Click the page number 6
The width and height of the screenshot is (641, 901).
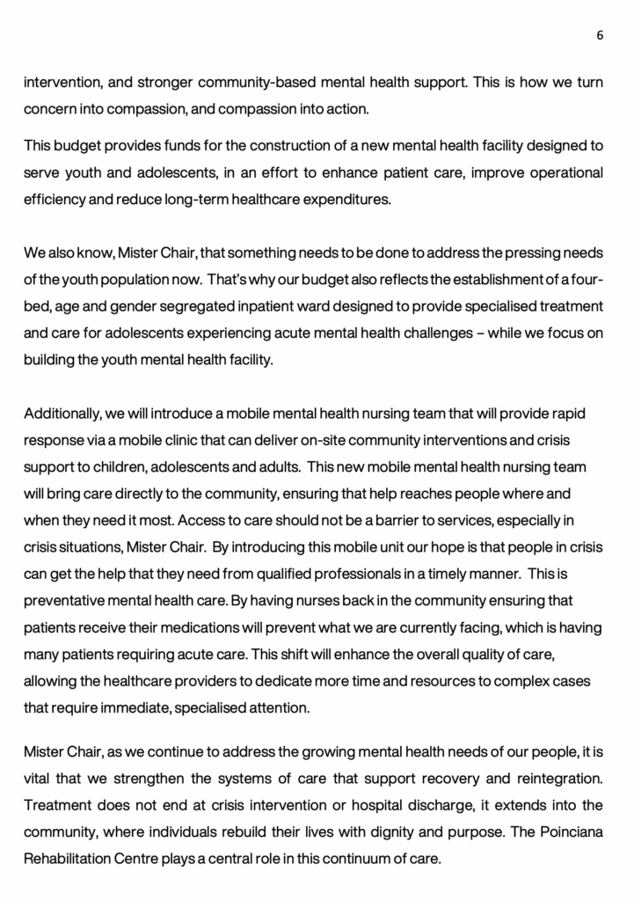click(x=600, y=35)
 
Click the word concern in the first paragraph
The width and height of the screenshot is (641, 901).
click(x=47, y=109)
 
